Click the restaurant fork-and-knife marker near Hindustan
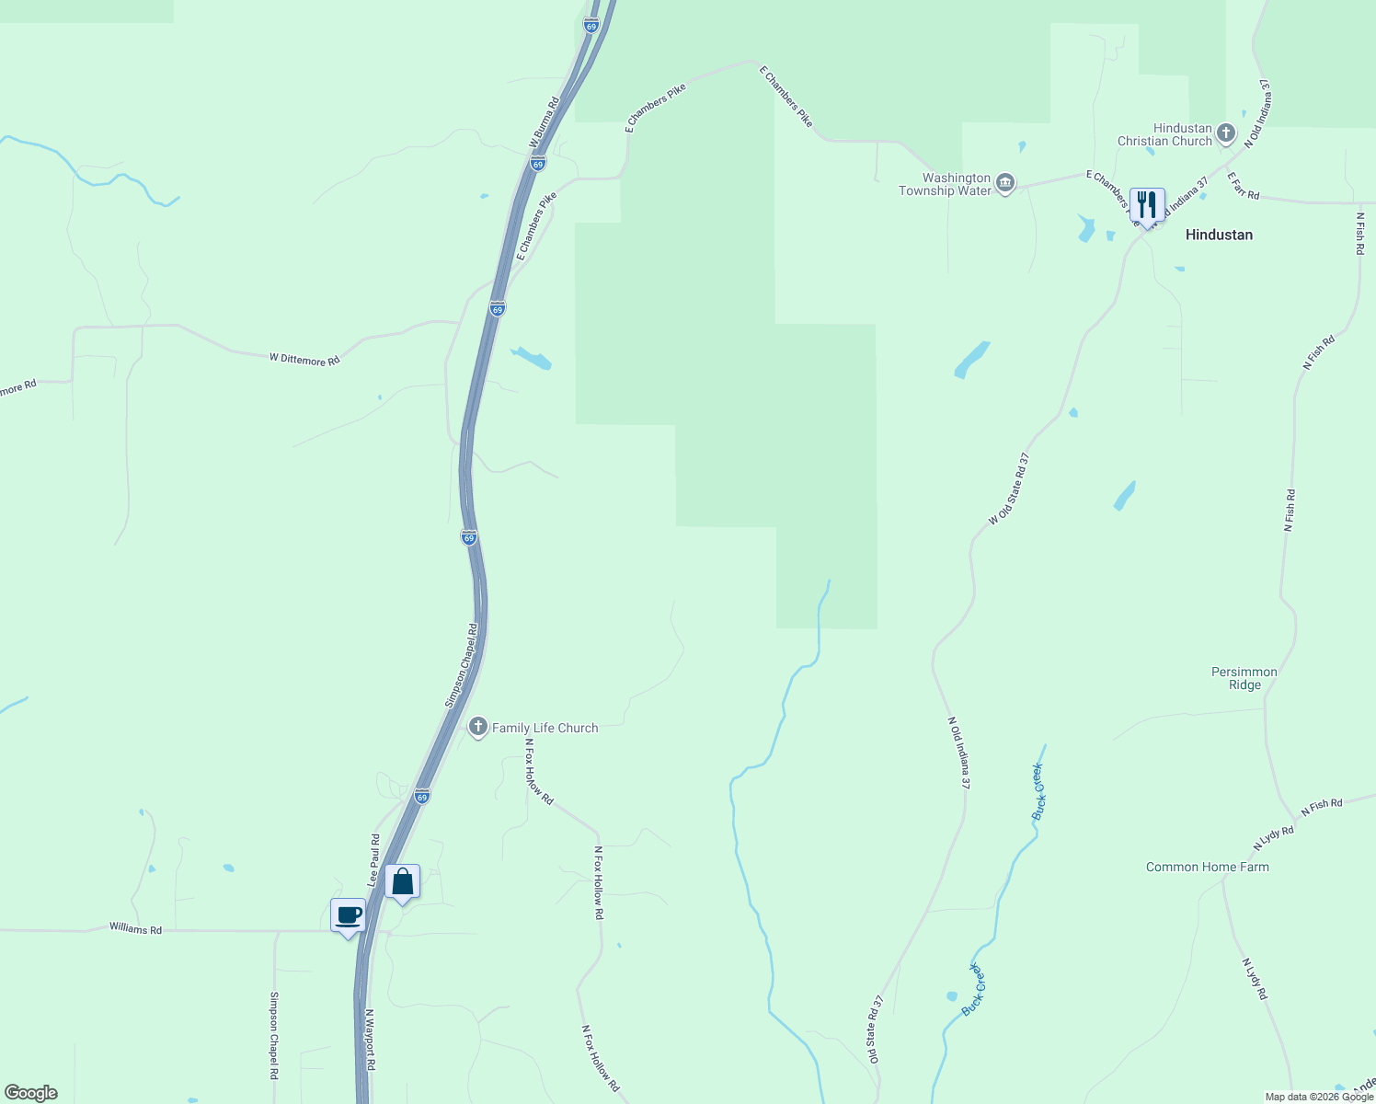click(x=1146, y=203)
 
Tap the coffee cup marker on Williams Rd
click(x=348, y=914)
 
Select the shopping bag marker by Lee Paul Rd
click(x=402, y=881)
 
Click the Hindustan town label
click(x=1219, y=235)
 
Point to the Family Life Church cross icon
click(x=477, y=728)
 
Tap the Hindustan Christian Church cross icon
click(x=1225, y=134)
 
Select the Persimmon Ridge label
click(x=1244, y=678)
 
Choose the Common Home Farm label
click(x=1207, y=867)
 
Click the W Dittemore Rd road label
click(x=304, y=359)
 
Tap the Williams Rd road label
click(x=135, y=928)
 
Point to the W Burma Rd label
click(x=545, y=122)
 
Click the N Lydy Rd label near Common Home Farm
click(x=1273, y=837)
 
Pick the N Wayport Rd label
click(x=370, y=1040)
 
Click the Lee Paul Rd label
click(x=374, y=860)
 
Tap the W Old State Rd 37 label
click(x=1009, y=489)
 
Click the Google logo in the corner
click(x=30, y=1093)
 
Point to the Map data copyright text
click(x=1319, y=1097)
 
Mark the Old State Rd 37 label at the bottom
click(x=873, y=1028)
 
